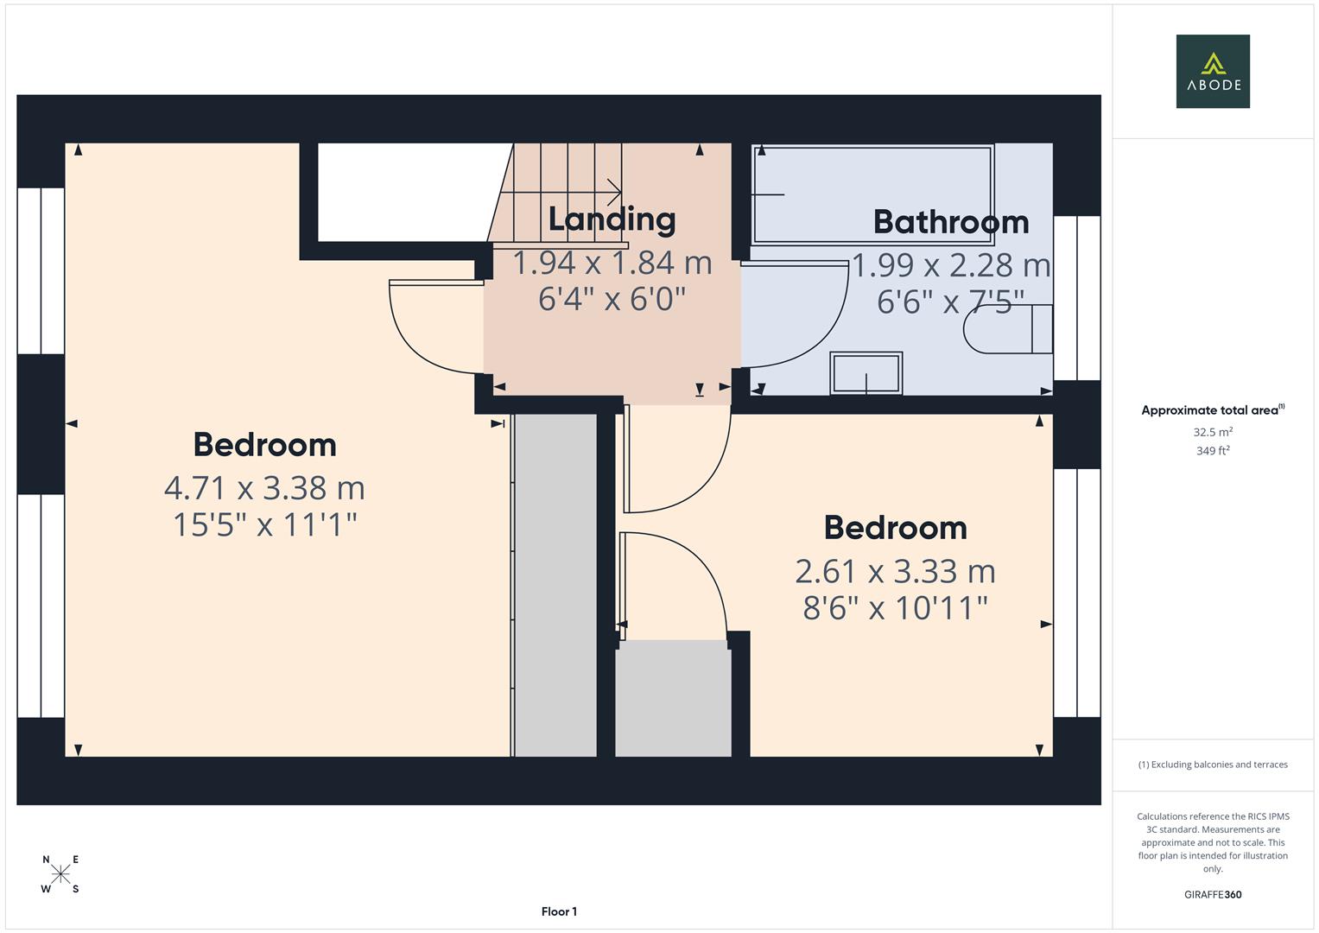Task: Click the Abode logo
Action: point(1212,71)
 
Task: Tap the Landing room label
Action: point(612,219)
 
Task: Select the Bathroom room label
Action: point(950,222)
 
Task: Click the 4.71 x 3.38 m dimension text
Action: point(264,488)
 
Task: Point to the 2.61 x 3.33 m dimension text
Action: point(895,571)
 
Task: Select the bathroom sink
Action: point(866,373)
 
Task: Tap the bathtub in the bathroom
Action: point(872,194)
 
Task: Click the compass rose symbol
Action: point(60,874)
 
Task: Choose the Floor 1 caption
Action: point(559,911)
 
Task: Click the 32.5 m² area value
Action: point(1212,432)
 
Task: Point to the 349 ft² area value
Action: point(1212,451)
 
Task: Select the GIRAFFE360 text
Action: point(1212,894)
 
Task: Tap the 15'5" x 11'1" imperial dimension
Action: point(264,524)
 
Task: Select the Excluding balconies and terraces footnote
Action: point(1212,765)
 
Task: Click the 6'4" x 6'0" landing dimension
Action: point(612,300)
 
